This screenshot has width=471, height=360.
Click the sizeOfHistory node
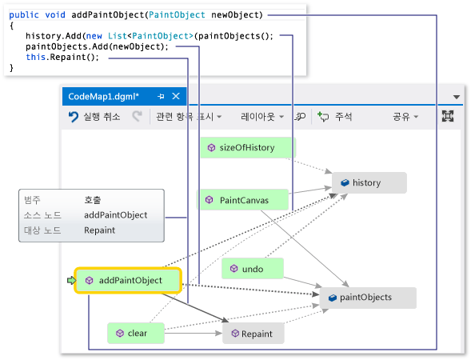tap(248, 147)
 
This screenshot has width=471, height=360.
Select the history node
tap(369, 182)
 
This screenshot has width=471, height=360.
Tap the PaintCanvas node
tap(242, 200)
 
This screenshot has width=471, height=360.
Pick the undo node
tap(253, 268)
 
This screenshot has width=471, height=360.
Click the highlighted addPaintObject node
tap(128, 280)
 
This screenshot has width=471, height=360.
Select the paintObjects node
tap(368, 298)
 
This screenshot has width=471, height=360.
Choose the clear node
tap(136, 333)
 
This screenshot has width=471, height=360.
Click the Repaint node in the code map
tap(253, 334)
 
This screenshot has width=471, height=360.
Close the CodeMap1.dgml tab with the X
tap(176, 96)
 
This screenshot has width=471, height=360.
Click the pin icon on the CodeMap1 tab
tap(161, 96)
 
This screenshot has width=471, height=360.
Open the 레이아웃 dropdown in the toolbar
tap(262, 117)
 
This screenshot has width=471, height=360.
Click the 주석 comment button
tap(334, 117)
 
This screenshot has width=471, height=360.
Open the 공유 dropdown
tap(405, 117)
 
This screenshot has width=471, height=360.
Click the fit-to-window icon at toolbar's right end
tap(448, 116)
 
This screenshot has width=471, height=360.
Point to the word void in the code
tap(55, 14)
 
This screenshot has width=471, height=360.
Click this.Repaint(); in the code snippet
tap(62, 57)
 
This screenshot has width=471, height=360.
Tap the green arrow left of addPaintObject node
tap(71, 280)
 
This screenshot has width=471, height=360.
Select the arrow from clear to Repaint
tap(194, 334)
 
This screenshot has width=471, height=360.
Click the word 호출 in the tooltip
tap(93, 200)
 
